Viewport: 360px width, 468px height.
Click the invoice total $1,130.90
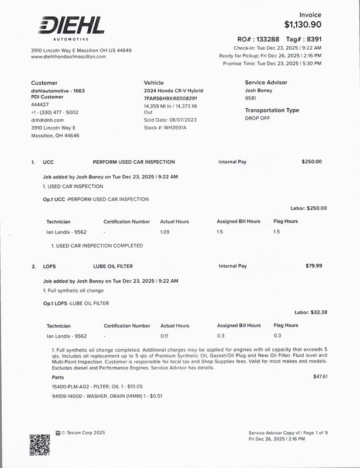pos(303,25)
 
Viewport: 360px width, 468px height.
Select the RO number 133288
pos(268,39)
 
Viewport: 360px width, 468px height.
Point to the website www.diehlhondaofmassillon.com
pos(68,57)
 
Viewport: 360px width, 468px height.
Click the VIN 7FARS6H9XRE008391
pos(174,99)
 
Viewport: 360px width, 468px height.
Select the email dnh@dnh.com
pos(47,120)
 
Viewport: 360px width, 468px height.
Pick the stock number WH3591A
pos(175,128)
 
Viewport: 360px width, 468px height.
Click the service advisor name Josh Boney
pos(259,91)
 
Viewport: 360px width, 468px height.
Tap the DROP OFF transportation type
pos(258,118)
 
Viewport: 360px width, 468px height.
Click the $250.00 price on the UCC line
pos(311,161)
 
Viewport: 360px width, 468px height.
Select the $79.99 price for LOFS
pos(314,266)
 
